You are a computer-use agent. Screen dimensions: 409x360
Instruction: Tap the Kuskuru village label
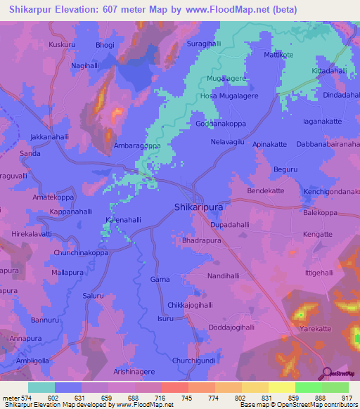(62, 44)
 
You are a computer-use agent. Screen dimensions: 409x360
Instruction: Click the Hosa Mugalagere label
(230, 96)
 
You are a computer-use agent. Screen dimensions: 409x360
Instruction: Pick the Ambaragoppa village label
(137, 146)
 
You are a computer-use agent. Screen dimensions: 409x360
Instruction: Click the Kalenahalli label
(123, 220)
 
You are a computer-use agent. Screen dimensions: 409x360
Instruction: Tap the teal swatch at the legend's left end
(41, 387)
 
